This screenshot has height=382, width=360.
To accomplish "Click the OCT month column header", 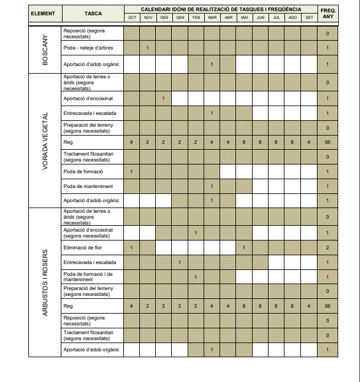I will [132, 18].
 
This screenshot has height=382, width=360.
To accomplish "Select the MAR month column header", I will [212, 18].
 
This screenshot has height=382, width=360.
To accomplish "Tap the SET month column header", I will [309, 18].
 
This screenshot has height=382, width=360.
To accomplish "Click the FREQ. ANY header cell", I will [328, 14].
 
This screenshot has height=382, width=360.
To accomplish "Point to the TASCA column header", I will [93, 14].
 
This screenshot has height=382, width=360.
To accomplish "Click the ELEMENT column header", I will [44, 14].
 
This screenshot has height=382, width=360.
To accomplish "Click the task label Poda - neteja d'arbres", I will [89, 47].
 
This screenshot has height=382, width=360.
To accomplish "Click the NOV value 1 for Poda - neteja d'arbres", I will [148, 47].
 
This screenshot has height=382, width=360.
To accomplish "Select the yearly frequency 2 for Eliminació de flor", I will [328, 248].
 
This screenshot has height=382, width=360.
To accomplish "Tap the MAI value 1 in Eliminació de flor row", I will [244, 248].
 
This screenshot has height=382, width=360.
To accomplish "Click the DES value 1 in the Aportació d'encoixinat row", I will [163, 98].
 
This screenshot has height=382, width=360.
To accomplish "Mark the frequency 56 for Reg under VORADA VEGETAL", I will [328, 143].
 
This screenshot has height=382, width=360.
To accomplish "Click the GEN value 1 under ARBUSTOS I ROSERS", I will [179, 262].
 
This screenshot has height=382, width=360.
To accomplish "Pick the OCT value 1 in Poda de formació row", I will [131, 172].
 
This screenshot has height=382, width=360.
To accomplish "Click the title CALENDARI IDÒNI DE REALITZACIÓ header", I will [220, 9].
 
